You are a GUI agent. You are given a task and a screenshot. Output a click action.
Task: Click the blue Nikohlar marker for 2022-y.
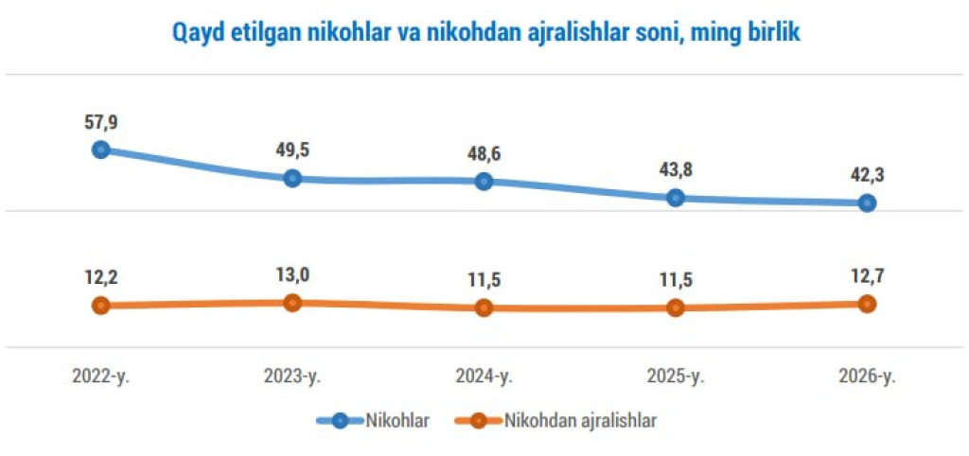101,149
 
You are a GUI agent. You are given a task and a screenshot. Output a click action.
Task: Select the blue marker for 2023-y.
292,178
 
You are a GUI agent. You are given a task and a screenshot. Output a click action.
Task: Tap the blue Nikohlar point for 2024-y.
484,181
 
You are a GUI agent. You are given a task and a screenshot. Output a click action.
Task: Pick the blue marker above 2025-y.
675,198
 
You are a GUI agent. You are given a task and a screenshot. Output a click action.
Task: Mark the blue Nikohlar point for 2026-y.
867,202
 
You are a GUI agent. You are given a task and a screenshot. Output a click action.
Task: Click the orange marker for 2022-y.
101,306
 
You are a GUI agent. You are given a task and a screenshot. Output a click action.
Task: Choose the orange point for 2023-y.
292,303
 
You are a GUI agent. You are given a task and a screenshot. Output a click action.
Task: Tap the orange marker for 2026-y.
867,304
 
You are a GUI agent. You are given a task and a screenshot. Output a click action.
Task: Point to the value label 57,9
101,122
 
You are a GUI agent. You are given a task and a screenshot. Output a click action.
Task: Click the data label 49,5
292,149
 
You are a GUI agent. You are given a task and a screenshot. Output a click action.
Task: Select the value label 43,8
675,169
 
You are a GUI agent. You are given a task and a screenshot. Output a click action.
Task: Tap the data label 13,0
292,275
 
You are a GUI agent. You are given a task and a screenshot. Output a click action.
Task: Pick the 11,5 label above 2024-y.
484,280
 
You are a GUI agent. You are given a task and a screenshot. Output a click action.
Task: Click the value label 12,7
867,276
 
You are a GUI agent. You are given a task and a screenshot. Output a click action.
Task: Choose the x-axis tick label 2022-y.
101,376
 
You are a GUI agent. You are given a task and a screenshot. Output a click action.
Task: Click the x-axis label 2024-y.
484,376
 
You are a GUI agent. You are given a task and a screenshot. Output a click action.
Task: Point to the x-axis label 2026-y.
867,376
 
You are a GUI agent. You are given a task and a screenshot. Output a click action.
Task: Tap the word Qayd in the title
196,33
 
